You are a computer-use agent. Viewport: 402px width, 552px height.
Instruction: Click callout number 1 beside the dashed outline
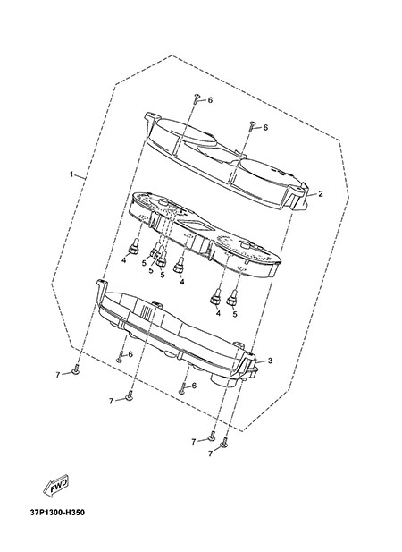[x=71, y=174]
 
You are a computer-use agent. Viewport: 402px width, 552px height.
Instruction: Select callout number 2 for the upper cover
[x=320, y=193]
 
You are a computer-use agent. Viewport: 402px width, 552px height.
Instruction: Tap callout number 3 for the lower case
[x=270, y=361]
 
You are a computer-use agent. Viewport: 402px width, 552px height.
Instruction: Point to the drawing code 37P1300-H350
[x=57, y=513]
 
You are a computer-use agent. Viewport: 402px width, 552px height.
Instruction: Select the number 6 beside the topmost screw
[x=210, y=100]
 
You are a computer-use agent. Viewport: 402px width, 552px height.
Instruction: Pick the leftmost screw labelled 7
[x=76, y=370]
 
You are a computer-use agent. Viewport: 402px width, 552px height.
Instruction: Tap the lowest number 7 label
[x=210, y=454]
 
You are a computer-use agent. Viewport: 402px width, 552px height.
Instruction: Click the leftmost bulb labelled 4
[x=134, y=246]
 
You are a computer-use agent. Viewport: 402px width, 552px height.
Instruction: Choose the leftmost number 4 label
[x=123, y=260]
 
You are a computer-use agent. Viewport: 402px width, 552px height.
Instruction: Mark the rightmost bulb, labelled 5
[x=231, y=298]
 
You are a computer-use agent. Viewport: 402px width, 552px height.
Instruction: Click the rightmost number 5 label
[x=234, y=314]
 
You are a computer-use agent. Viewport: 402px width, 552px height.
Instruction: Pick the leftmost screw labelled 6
[x=120, y=357]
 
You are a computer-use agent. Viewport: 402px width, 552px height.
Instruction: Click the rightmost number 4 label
[x=218, y=313]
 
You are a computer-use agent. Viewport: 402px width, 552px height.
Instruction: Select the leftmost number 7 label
[x=58, y=375]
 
